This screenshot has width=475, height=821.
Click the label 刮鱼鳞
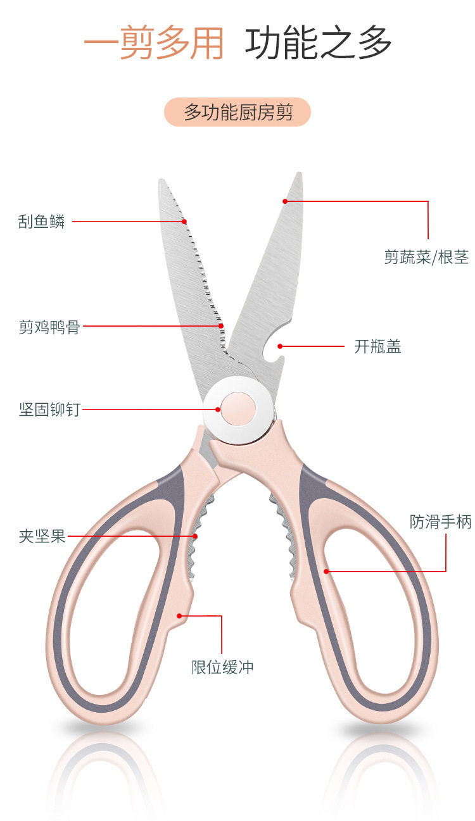(x=41, y=222)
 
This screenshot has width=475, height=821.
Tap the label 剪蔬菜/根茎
(x=426, y=258)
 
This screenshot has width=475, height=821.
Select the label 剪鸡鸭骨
(x=49, y=327)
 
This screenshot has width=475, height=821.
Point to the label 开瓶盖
(x=377, y=347)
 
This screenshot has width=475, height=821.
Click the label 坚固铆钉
(x=49, y=410)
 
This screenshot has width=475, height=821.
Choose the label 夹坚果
(x=42, y=537)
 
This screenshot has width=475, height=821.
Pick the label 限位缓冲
(x=222, y=667)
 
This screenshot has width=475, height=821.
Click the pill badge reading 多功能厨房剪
(x=237, y=113)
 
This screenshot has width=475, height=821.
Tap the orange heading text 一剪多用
(x=154, y=44)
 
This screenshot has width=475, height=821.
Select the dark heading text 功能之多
(x=319, y=44)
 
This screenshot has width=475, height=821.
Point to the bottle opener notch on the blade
(x=271, y=350)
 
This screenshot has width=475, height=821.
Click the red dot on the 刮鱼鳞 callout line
(x=185, y=222)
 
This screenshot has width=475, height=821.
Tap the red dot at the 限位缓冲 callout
(x=179, y=615)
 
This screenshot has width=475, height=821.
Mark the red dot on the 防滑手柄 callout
(x=327, y=571)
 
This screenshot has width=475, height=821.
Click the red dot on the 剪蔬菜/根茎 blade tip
(x=285, y=201)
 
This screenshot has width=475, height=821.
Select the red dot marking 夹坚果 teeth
(x=195, y=536)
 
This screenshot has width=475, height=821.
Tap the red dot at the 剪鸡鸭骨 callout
(x=222, y=327)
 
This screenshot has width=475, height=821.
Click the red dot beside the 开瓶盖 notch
(x=280, y=346)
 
